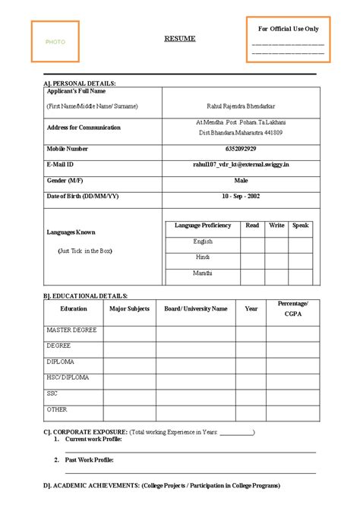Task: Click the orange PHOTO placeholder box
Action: point(55,41)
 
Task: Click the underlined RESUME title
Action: point(180,39)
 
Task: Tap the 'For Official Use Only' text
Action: point(289,29)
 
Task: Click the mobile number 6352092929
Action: point(241,149)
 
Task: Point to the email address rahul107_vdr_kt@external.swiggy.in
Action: point(241,164)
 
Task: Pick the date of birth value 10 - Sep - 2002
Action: point(241,196)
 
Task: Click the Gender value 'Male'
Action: point(241,181)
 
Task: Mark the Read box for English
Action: point(252,242)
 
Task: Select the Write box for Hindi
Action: point(276,258)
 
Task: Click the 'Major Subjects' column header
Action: point(129,309)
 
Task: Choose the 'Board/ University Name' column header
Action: point(195,309)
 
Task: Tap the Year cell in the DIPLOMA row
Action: point(251,362)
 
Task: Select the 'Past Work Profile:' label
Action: point(89,460)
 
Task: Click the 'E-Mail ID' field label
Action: point(61,164)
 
